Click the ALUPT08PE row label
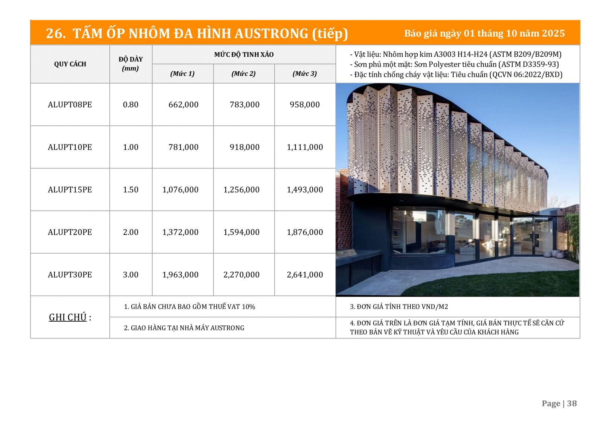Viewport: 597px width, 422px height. point(70,104)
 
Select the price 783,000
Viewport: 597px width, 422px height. point(244,104)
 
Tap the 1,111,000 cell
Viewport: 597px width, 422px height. point(305,147)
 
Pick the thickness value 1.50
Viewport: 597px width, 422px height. point(131,190)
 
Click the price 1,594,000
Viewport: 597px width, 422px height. point(241,232)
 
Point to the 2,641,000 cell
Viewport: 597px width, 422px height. point(305,275)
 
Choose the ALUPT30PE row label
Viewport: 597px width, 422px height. point(70,275)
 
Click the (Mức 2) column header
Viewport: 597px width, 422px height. point(244,74)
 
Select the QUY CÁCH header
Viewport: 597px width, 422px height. point(70,64)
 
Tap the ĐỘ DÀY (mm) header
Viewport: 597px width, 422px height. point(131,64)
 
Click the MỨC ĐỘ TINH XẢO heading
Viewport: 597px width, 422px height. point(244,54)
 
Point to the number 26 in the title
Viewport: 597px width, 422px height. point(54,34)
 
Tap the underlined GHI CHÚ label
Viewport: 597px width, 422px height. point(68,317)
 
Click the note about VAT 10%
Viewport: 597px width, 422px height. point(190,307)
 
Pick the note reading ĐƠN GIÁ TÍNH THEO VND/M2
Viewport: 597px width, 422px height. point(399,307)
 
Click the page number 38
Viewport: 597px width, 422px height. point(572,403)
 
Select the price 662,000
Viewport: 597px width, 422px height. point(183,104)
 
